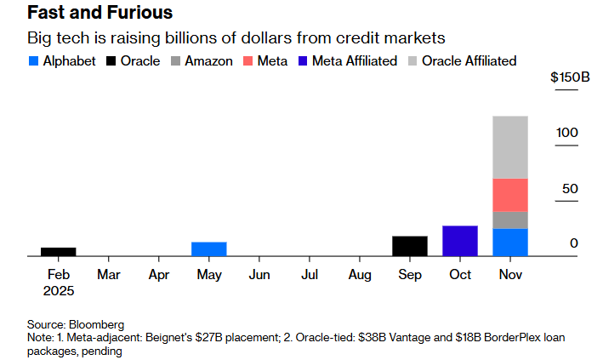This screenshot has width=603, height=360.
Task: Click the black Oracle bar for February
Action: click(x=59, y=251)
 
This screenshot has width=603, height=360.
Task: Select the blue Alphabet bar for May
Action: click(x=208, y=249)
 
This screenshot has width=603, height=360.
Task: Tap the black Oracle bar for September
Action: click(x=409, y=245)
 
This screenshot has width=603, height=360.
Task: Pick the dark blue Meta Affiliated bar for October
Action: click(x=460, y=240)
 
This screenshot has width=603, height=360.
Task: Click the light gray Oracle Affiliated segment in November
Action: click(x=510, y=147)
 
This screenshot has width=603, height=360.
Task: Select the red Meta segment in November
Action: click(x=510, y=195)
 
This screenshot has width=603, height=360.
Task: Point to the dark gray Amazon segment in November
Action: click(x=510, y=220)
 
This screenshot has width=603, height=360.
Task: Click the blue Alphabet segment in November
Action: click(x=510, y=242)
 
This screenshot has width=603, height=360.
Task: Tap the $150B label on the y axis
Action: click(x=571, y=77)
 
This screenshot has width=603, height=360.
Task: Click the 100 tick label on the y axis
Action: click(x=568, y=133)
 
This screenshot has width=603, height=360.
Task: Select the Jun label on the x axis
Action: click(x=259, y=275)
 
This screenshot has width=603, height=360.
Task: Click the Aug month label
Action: click(x=360, y=275)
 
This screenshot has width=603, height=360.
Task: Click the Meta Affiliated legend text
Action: click(x=354, y=61)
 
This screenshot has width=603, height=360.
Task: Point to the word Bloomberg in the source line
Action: click(x=97, y=324)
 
